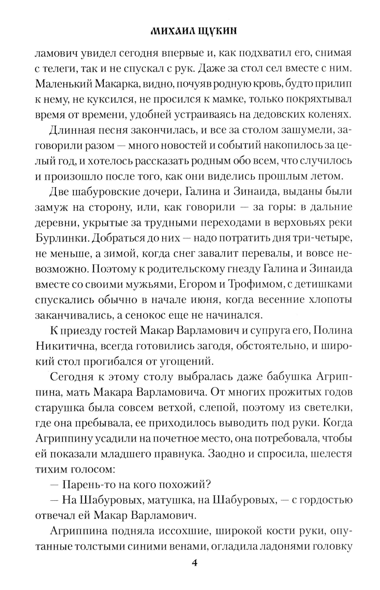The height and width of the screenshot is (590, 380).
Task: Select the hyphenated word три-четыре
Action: click(x=320, y=238)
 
